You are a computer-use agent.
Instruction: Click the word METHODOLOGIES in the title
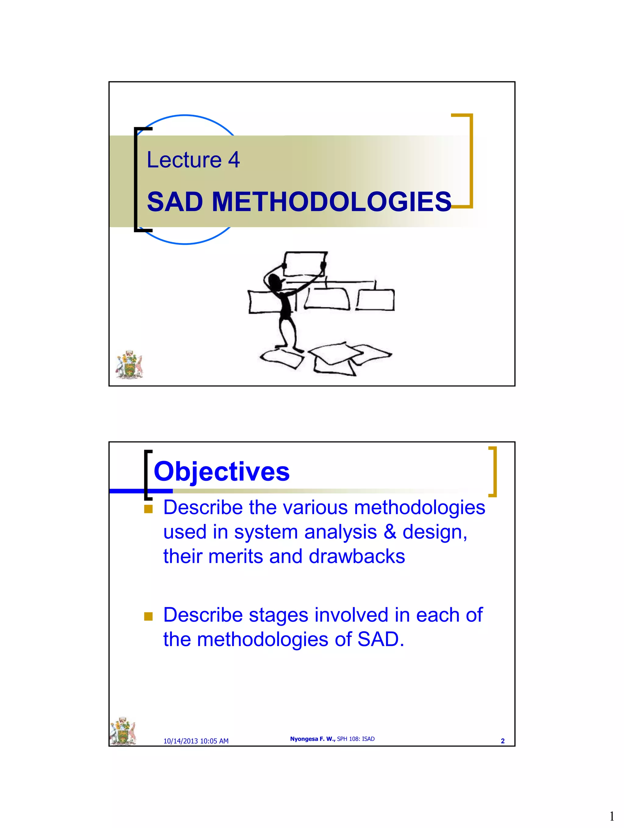pos(331,202)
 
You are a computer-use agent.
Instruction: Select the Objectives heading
pos(222,471)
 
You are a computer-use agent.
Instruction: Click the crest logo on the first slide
pos(129,364)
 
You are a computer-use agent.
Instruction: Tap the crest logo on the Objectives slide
pos(122,731)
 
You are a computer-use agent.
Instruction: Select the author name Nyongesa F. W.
pos(312,739)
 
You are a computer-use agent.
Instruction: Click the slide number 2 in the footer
pos(502,741)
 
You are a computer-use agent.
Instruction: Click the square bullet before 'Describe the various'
pos(148,509)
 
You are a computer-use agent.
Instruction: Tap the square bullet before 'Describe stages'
pos(148,616)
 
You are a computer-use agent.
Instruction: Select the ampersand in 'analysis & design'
pos(389,532)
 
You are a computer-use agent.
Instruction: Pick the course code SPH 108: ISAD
pos(355,739)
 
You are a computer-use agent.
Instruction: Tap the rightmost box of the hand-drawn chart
pos(375,300)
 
